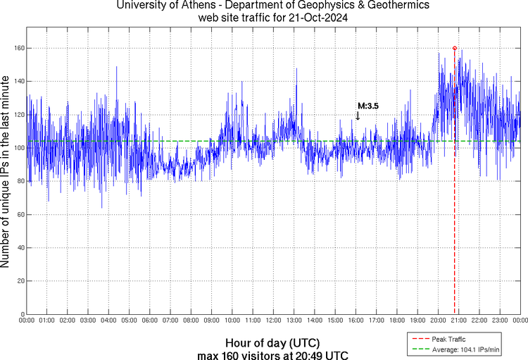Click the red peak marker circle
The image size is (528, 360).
pyautogui.click(x=455, y=48)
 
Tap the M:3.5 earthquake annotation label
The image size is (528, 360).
pyautogui.click(x=368, y=106)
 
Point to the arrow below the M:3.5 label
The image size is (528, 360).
pyautogui.click(x=358, y=115)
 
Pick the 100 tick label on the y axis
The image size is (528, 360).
pyautogui.click(x=17, y=148)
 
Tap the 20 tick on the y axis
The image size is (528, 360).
pyautogui.click(x=19, y=281)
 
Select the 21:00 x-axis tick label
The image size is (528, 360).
pyautogui.click(x=460, y=321)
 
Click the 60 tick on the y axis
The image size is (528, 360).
pyautogui.click(x=19, y=214)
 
